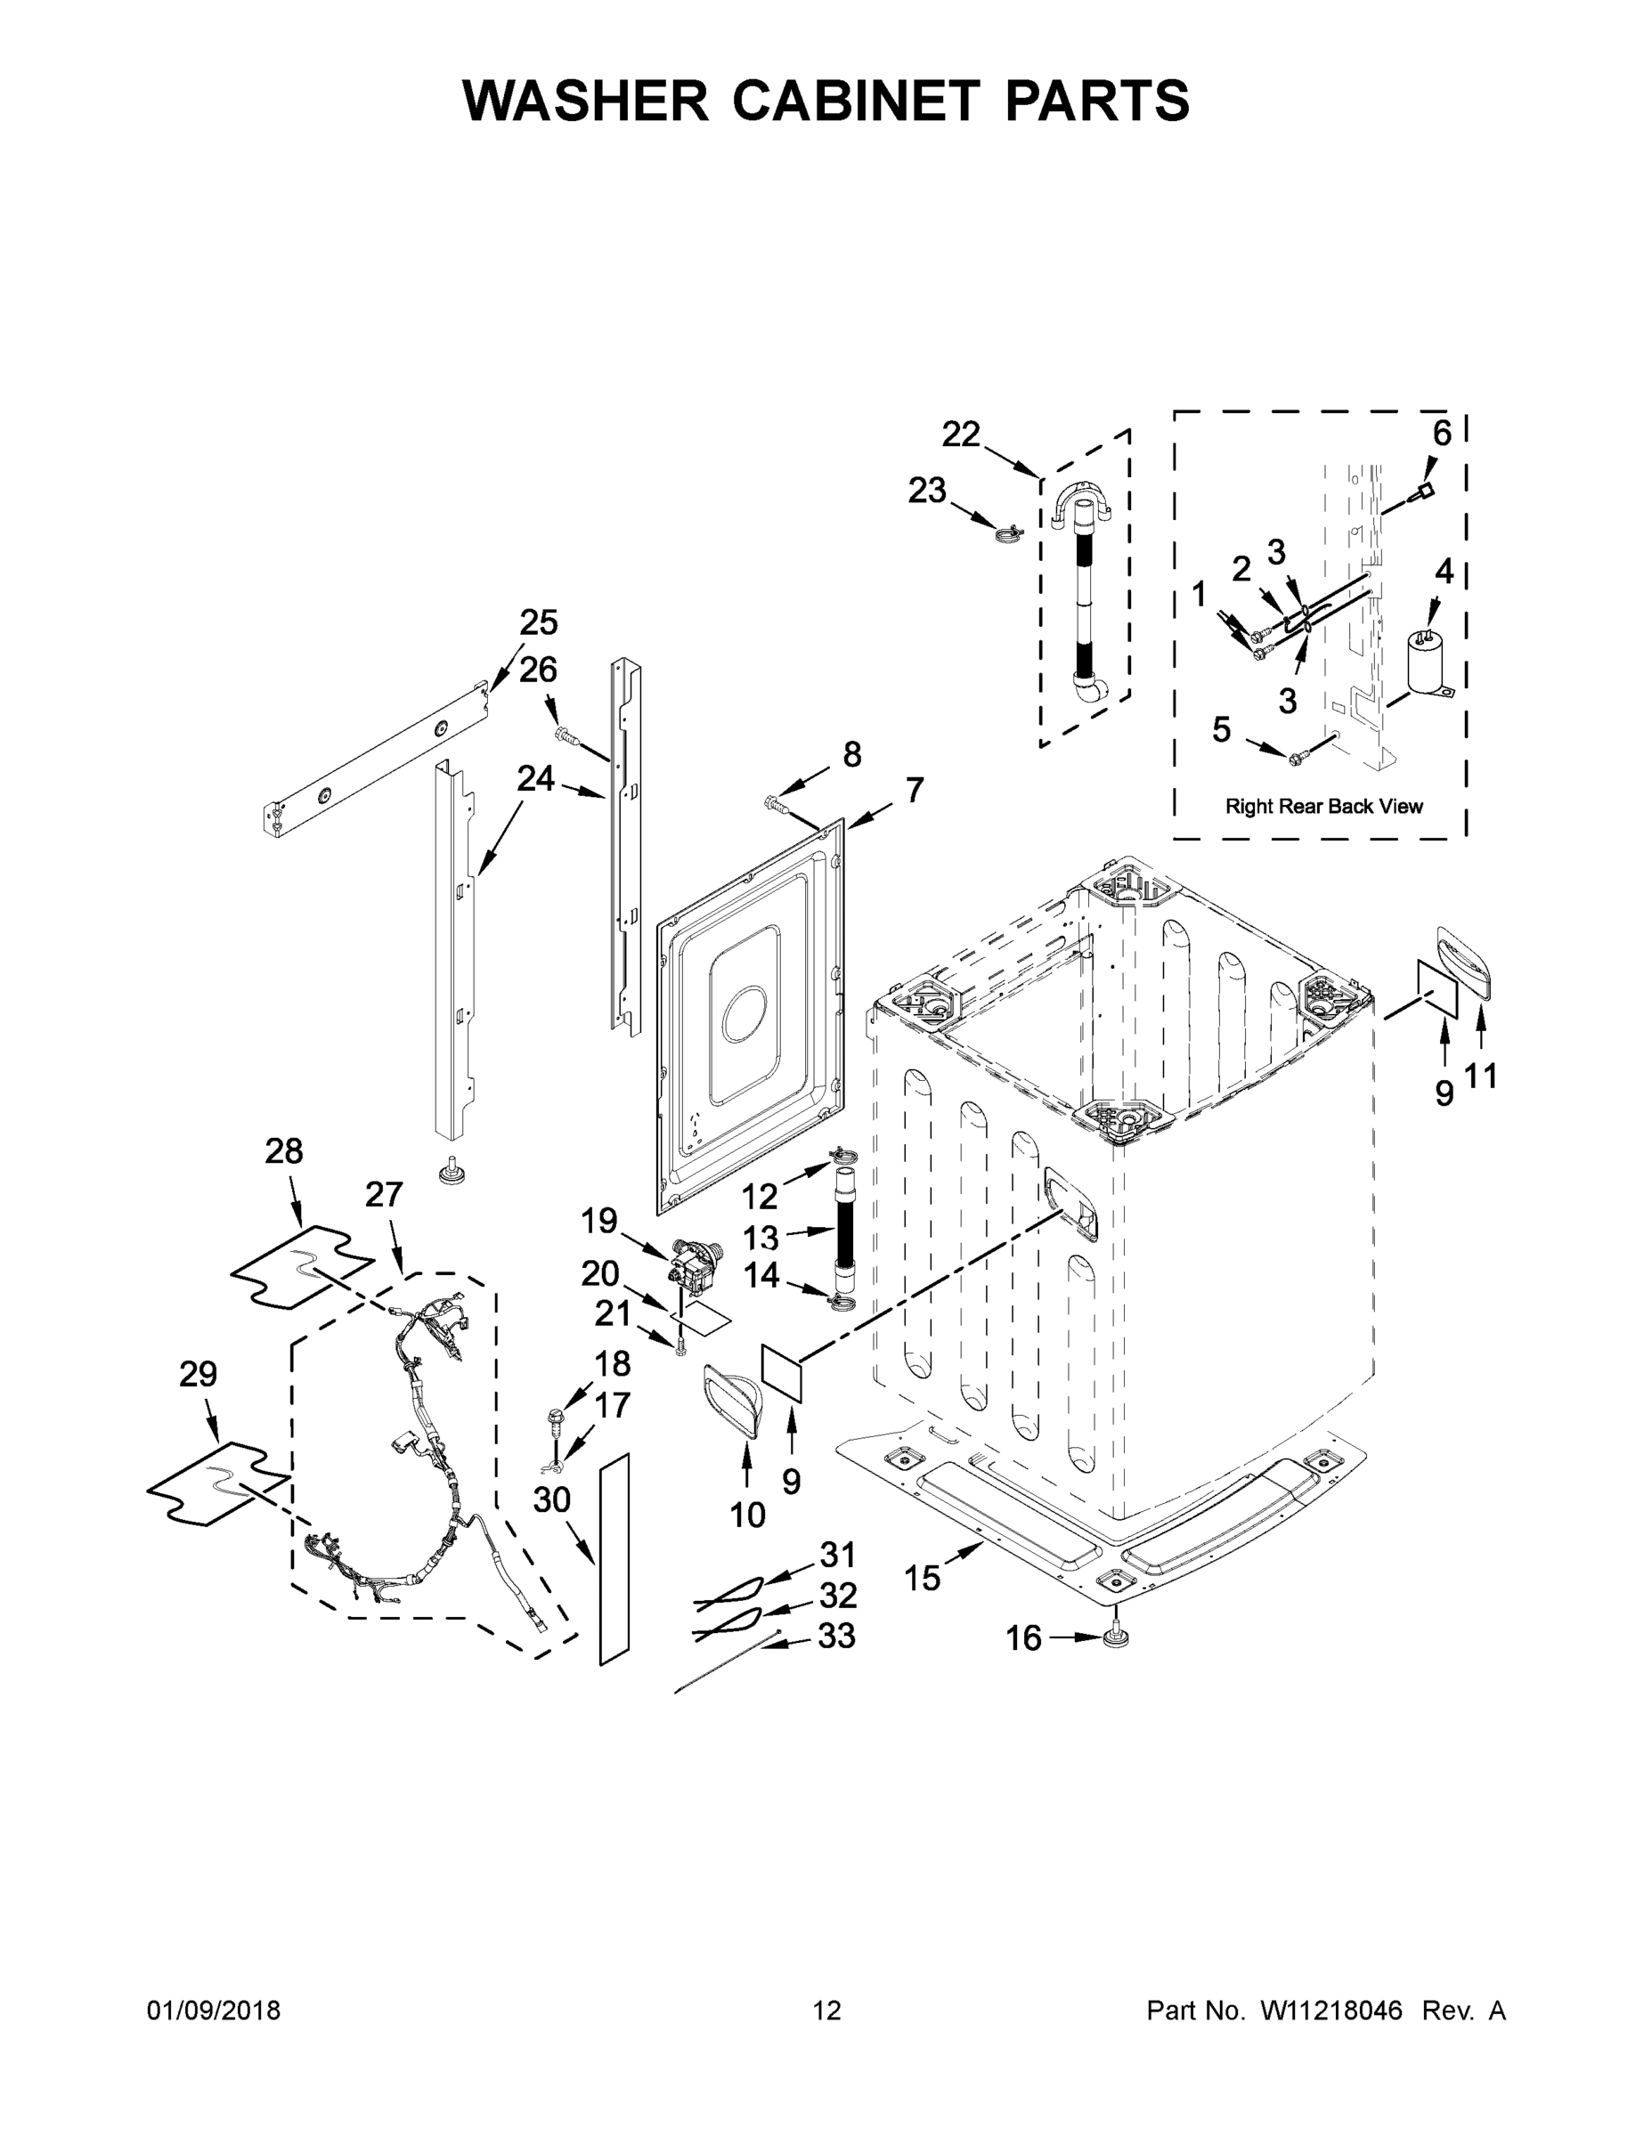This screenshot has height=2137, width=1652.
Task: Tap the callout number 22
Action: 960,435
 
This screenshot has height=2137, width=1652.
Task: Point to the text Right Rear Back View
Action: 1323,806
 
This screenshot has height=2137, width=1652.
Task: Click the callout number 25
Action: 538,622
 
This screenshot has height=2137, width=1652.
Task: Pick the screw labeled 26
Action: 565,734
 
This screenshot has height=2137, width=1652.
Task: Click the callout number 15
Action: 922,1577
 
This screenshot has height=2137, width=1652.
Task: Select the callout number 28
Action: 284,1150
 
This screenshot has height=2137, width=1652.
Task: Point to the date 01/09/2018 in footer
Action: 214,2010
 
